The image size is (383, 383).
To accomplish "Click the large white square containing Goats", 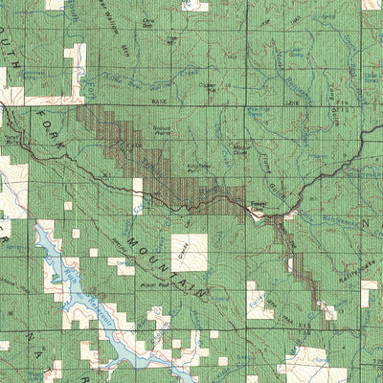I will pyautogui.click(x=189, y=251).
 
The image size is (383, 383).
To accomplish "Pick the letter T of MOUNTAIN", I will pyautogui.click(x=168, y=260).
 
